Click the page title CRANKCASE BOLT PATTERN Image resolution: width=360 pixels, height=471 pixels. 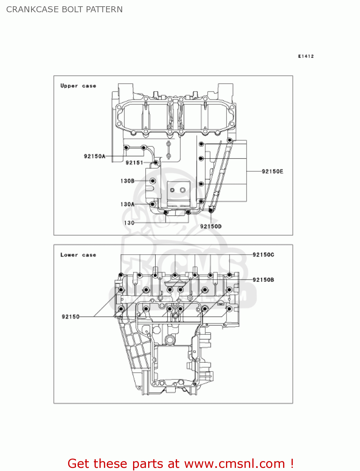64,9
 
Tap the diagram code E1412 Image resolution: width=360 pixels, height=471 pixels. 306,56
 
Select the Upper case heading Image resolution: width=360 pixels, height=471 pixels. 78,86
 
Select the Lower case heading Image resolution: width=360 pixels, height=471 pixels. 78,255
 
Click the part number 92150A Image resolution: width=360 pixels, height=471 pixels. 94,156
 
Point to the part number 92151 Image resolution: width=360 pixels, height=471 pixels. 134,163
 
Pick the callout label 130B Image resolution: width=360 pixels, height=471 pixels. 127,181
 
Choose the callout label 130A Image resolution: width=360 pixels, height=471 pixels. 127,204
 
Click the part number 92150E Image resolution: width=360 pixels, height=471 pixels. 272,171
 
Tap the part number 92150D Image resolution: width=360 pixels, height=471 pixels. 211,226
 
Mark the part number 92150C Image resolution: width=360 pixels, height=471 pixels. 263,255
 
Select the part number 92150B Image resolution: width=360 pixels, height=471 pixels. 263,280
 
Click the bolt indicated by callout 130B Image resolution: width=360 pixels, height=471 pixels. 153,181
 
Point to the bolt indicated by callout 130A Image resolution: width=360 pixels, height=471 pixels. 153,204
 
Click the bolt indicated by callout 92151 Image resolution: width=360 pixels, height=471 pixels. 156,163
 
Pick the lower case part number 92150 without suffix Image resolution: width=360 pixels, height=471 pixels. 71,317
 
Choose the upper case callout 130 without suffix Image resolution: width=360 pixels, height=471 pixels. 129,223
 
